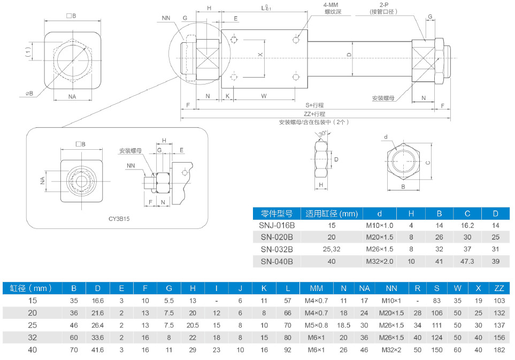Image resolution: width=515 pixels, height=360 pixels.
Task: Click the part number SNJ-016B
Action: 276,225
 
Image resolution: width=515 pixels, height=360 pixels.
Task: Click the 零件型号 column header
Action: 276,213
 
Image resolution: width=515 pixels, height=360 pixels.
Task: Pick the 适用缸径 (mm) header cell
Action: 331,213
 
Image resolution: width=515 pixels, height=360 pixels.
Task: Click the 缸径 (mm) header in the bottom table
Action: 31,288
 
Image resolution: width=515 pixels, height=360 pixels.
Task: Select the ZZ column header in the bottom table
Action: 499,288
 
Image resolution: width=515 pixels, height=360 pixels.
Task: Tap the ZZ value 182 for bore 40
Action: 499,350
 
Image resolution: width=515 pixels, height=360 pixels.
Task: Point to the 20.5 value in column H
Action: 193,325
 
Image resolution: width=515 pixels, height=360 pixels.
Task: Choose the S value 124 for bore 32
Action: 437,338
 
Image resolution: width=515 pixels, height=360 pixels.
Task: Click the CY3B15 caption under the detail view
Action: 119,218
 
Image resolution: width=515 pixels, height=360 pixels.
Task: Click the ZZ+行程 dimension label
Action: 314,114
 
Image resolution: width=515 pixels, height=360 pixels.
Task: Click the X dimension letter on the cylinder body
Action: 260,55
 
